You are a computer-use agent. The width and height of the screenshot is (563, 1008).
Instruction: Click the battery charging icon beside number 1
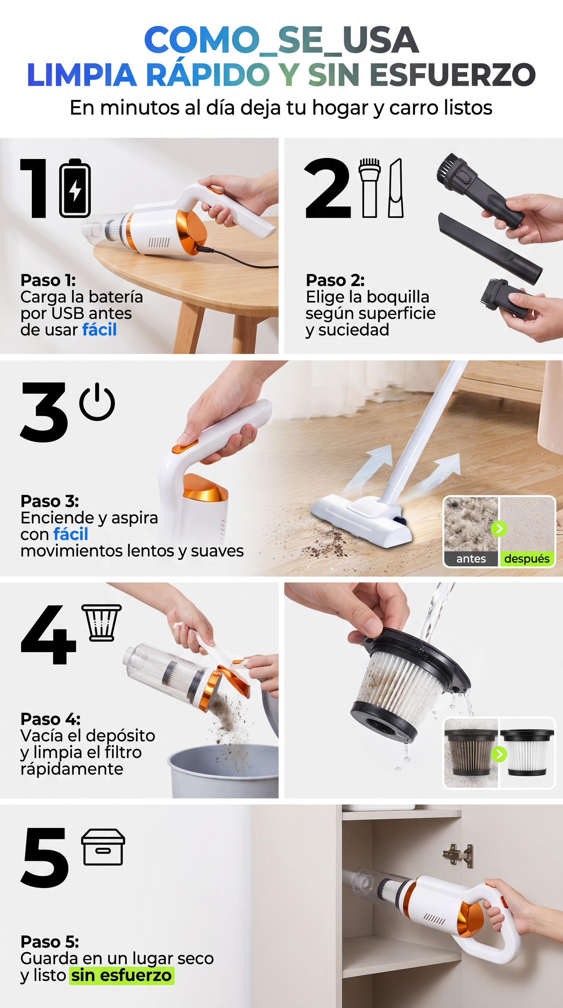(75, 188)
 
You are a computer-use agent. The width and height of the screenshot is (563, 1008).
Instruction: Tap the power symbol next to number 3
(97, 402)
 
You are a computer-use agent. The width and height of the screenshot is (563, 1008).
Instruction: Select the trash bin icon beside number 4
(102, 623)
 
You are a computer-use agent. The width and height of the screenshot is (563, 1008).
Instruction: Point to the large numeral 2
(328, 188)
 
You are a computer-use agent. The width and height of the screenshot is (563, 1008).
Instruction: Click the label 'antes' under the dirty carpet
(471, 558)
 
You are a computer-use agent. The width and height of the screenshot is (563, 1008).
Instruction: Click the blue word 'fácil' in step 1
(99, 330)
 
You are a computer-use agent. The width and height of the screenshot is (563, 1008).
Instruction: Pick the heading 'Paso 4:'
(50, 719)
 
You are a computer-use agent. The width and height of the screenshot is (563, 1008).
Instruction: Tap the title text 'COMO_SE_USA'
(281, 40)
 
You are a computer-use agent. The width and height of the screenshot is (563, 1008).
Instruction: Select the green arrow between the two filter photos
(499, 754)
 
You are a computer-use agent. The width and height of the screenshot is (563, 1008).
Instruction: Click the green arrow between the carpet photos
(499, 529)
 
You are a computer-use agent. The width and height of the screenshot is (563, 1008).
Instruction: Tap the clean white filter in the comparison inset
(527, 752)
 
